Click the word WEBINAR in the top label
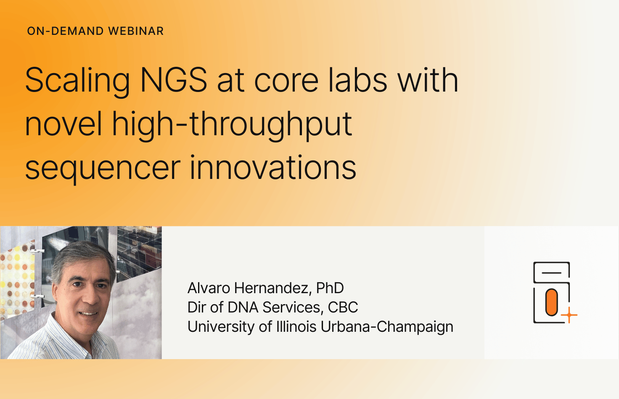(x=136, y=31)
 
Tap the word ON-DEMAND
(x=65, y=31)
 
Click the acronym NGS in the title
(x=174, y=80)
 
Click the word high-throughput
(x=232, y=126)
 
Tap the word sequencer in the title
(x=103, y=169)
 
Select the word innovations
(x=273, y=167)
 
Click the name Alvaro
(x=209, y=288)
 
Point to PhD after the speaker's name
(x=330, y=288)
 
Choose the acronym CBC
(x=343, y=307)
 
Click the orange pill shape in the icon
(x=552, y=302)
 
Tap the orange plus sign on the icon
(x=569, y=315)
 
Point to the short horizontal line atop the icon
(x=552, y=273)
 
